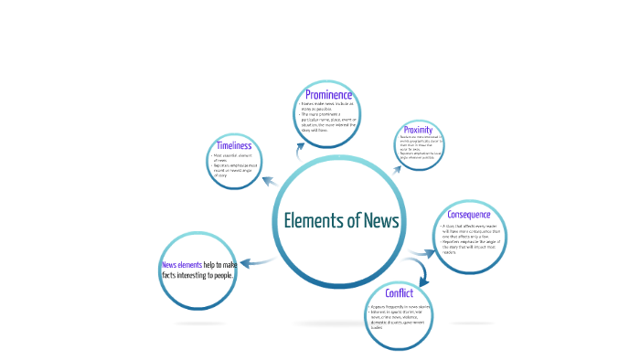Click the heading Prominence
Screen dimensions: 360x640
329,95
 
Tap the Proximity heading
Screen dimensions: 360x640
417,131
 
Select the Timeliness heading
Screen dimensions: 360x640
233,145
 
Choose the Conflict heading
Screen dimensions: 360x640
399,293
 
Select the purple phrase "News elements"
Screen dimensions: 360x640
182,265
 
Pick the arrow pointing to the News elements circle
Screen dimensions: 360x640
257,263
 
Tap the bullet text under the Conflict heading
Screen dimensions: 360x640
399,316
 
